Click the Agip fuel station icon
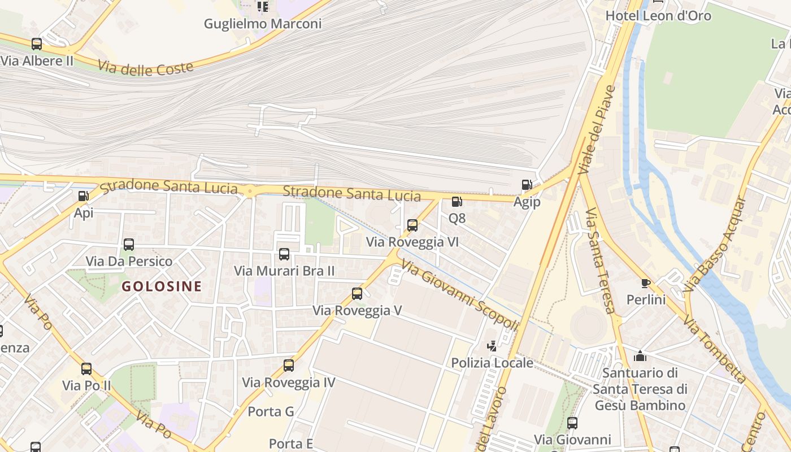coord(527,185)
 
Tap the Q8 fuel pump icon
coord(457,201)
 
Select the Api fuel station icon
coord(83,196)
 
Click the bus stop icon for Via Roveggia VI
coord(412,225)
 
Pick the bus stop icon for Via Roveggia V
coord(357,294)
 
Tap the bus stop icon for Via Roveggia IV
coord(289,366)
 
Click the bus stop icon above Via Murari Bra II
coord(284,254)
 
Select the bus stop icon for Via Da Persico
coord(129,245)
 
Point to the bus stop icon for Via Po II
coord(86,369)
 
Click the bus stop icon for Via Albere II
coord(37,44)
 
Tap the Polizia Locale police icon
coord(492,346)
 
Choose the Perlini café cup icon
coord(646,283)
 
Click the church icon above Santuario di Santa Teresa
coord(640,356)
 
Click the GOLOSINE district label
coord(162,286)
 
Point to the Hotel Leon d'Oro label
coord(658,16)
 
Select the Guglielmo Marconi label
coord(263,24)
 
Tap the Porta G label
coord(271,411)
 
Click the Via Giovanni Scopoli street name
coord(460,295)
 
